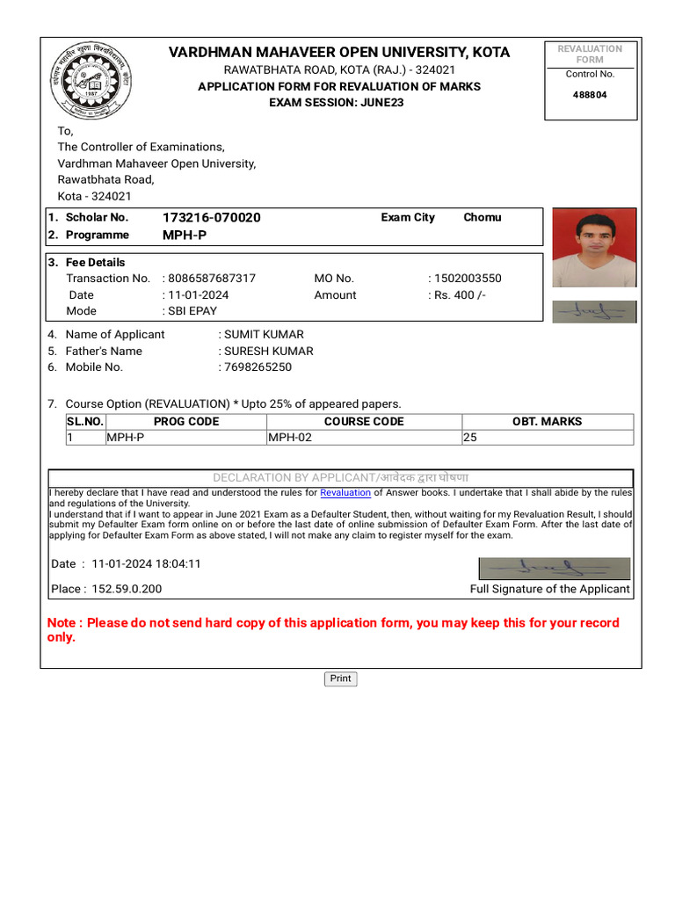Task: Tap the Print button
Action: point(341,679)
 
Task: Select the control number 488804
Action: point(590,95)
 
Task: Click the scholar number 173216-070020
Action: point(211,218)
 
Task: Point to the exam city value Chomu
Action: point(483,217)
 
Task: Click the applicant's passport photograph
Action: point(593,248)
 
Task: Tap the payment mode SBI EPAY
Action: point(192,311)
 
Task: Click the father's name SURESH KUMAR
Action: point(269,351)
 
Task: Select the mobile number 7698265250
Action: point(258,367)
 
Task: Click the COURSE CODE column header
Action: point(364,422)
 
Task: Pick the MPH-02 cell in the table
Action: point(290,438)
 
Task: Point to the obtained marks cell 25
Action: point(470,438)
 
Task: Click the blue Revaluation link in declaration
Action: point(345,493)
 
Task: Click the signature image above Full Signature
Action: point(554,569)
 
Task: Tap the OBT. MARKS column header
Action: point(547,422)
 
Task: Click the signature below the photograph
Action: point(593,311)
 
